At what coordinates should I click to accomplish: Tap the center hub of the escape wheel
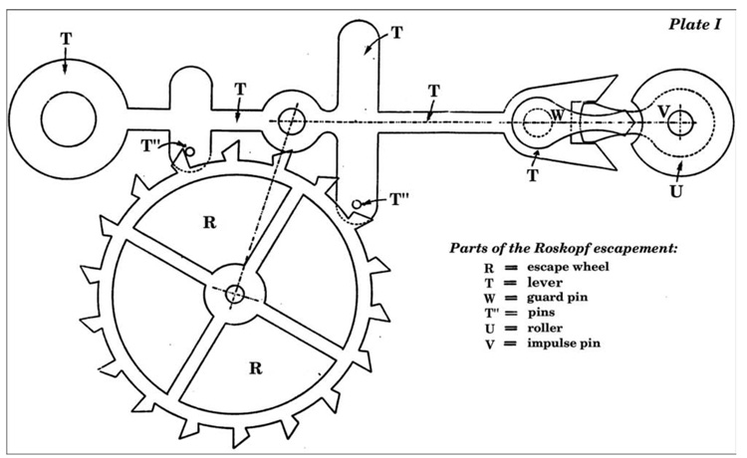pos(235,294)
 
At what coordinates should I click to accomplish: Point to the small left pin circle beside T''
pos(190,152)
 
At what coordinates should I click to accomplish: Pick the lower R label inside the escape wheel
pos(256,367)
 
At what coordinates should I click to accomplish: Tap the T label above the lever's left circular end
pos(66,38)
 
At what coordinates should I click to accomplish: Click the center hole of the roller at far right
pos(678,120)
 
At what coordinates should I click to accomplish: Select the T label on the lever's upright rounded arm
pos(396,32)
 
